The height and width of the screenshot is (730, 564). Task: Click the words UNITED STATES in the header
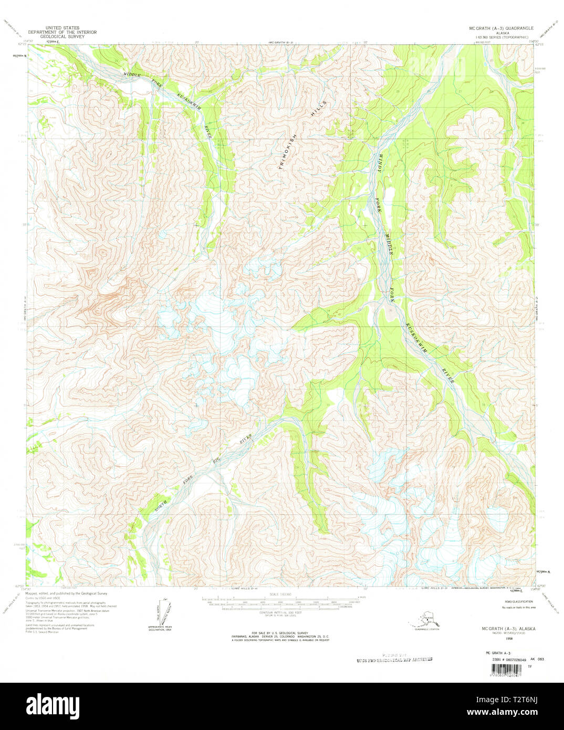coord(62,28)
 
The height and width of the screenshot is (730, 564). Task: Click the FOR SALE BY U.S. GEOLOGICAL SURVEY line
coord(281,633)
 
